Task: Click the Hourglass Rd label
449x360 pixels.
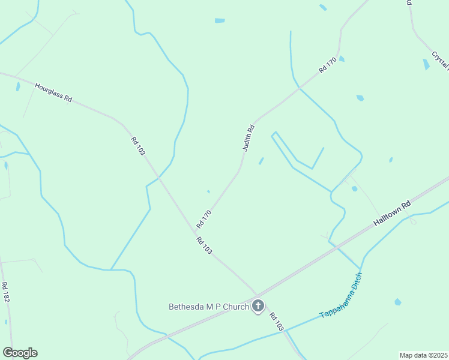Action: click(x=53, y=92)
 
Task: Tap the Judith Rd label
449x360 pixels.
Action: click(x=249, y=137)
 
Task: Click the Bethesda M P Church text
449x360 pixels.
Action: click(x=208, y=307)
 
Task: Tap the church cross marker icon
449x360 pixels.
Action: click(x=258, y=306)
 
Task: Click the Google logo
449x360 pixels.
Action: click(x=20, y=353)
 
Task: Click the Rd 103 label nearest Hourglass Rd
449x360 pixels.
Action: click(x=137, y=146)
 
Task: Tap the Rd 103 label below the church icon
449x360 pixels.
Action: click(x=276, y=322)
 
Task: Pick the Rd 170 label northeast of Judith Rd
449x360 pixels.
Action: click(x=327, y=65)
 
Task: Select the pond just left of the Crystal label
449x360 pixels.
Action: click(x=426, y=64)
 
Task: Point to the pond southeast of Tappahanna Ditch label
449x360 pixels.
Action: click(x=397, y=302)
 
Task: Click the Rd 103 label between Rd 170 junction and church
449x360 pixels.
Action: click(x=204, y=245)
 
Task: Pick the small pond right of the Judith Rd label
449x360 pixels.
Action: click(x=261, y=161)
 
